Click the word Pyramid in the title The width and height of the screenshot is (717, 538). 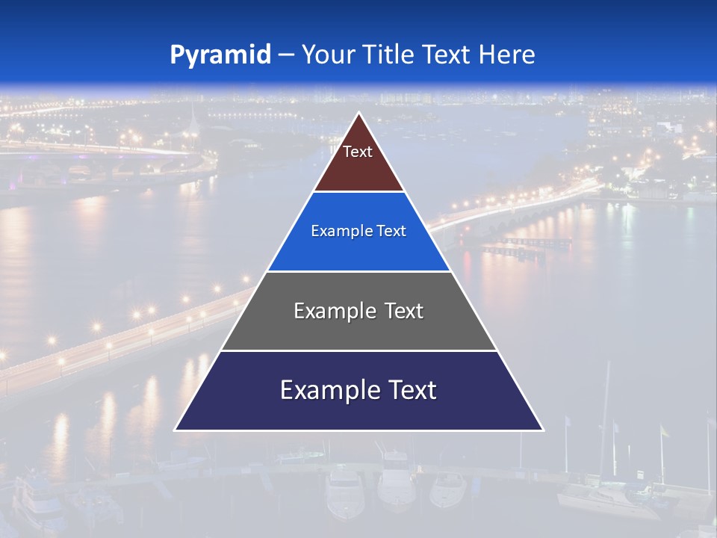(220, 55)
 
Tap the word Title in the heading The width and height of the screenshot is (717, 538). (388, 55)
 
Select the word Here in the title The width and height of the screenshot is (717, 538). (506, 55)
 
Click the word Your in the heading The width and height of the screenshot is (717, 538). (329, 55)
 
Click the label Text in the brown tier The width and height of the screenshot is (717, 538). (358, 152)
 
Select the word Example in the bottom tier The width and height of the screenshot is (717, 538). (326, 390)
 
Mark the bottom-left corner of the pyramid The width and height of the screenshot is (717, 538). (176, 430)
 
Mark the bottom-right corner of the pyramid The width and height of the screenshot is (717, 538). (542, 430)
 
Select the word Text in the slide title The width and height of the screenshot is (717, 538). (448, 55)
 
